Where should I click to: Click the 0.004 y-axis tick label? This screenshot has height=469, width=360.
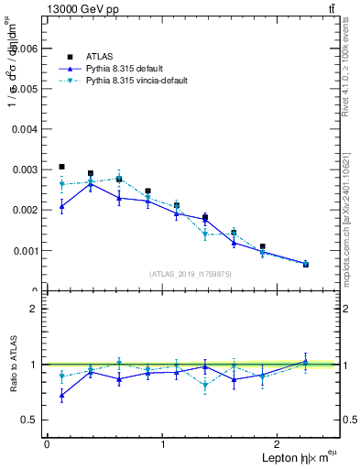point(25,129)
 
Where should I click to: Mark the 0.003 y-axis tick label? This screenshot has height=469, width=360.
point(25,169)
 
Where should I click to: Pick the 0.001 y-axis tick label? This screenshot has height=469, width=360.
point(25,250)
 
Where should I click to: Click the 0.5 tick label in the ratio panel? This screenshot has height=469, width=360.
point(29,420)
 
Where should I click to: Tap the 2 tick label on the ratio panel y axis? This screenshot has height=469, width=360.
point(34,309)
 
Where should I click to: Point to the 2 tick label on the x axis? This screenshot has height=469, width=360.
point(279,444)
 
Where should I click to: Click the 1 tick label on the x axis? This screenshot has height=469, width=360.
point(163,444)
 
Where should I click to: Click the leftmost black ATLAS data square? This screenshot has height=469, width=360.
point(61,167)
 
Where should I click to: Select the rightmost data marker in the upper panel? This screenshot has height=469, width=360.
point(306,264)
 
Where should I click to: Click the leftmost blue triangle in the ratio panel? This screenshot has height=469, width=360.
point(61,395)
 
